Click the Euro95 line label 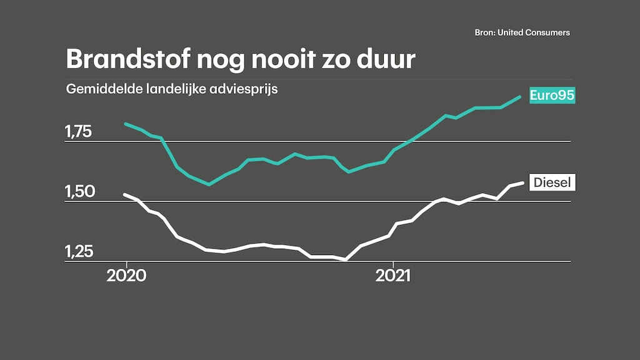[x=552, y=96]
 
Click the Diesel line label [x=552, y=182]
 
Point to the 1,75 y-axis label [x=78, y=132]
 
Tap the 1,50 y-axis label [x=78, y=192]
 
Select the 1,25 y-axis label [x=78, y=251]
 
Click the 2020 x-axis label [x=126, y=276]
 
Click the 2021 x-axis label [x=393, y=276]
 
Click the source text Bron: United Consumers [x=522, y=32]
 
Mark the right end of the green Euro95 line [x=521, y=97]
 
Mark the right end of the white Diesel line [x=522, y=182]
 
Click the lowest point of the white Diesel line [x=345, y=259]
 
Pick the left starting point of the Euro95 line [x=126, y=124]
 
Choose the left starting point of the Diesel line [x=126, y=194]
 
